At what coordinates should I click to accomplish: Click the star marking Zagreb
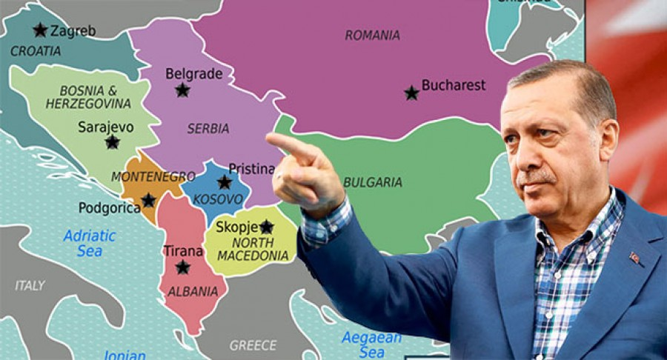pyautogui.click(x=40, y=30)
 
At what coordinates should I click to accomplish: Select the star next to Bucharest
pyautogui.click(x=411, y=93)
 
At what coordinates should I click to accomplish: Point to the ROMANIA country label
pyautogui.click(x=372, y=35)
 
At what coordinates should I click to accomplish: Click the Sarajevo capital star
pyautogui.click(x=112, y=141)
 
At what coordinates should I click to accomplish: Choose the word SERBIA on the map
pyautogui.click(x=208, y=128)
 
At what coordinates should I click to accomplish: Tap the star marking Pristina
pyautogui.click(x=224, y=181)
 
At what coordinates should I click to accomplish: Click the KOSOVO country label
pyautogui.click(x=217, y=199)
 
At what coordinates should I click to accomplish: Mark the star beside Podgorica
pyautogui.click(x=148, y=200)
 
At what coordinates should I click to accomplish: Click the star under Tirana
pyautogui.click(x=182, y=267)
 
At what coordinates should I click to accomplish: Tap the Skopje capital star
pyautogui.click(x=266, y=227)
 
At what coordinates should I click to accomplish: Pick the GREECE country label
pyautogui.click(x=253, y=345)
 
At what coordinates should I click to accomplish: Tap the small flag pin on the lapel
pyautogui.click(x=634, y=259)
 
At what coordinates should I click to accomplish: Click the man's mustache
pyautogui.click(x=536, y=177)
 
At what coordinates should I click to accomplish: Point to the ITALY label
pyautogui.click(x=30, y=285)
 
